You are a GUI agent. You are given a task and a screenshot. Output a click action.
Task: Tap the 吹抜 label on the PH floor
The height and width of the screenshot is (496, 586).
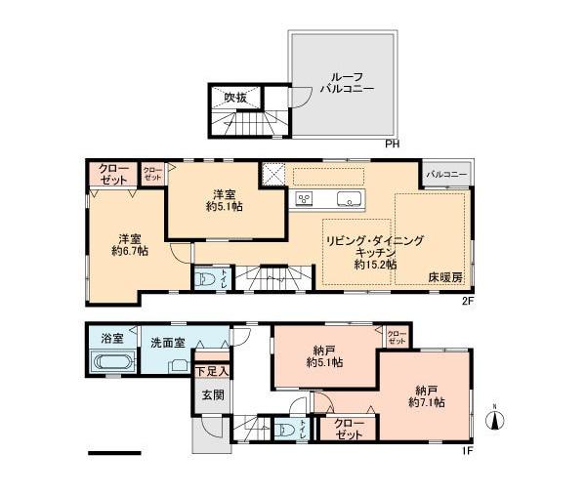[x=236, y=98]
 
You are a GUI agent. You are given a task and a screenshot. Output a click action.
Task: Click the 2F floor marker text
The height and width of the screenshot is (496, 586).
[x=468, y=301]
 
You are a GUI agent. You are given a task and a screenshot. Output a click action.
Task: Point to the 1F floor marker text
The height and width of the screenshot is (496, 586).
[x=468, y=451]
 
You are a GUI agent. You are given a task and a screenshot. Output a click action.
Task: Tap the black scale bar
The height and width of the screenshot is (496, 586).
[x=114, y=453]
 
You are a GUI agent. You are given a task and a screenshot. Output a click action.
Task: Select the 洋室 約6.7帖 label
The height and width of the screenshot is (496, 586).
[x=129, y=244]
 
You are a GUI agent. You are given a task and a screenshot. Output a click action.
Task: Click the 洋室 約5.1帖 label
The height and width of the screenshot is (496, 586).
[x=226, y=199]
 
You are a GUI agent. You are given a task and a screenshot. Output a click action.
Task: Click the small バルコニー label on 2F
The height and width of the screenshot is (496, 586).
[x=446, y=174]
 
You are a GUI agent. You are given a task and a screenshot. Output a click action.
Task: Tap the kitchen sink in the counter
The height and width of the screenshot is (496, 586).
[x=349, y=199]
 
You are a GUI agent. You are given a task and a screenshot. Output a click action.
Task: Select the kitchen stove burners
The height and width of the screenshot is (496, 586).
[x=304, y=199]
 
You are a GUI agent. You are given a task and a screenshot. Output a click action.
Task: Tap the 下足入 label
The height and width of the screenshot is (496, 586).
[x=211, y=370]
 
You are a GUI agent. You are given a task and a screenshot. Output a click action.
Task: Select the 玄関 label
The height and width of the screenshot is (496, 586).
[x=213, y=395]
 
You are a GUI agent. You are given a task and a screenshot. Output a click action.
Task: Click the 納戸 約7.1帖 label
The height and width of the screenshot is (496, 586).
[x=428, y=394]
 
